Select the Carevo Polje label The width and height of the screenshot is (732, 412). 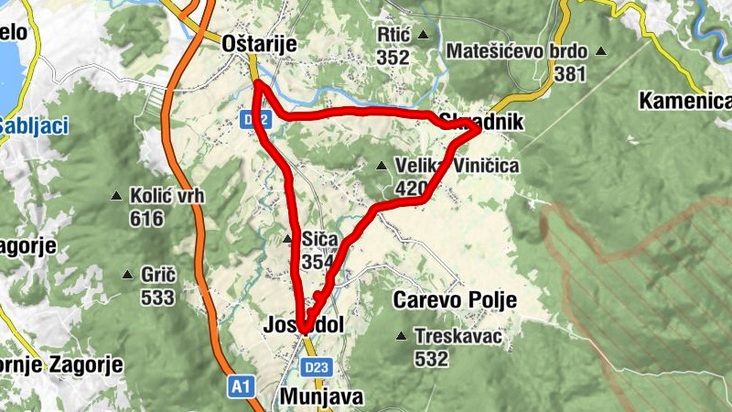click(x=455, y=300)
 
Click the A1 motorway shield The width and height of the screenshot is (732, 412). click(x=241, y=388)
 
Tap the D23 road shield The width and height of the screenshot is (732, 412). click(x=317, y=367)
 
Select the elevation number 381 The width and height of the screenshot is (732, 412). click(x=570, y=74)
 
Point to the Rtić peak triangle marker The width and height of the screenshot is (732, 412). click(x=424, y=35)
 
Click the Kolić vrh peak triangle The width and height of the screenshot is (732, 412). click(x=116, y=196)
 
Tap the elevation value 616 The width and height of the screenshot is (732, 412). click(x=146, y=219)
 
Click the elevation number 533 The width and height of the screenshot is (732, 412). click(x=158, y=297)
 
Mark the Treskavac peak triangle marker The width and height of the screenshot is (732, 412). click(x=401, y=336)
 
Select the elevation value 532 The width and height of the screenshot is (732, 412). click(x=431, y=359)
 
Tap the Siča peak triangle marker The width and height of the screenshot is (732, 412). click(x=287, y=240)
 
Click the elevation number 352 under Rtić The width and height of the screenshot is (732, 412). click(x=393, y=57)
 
